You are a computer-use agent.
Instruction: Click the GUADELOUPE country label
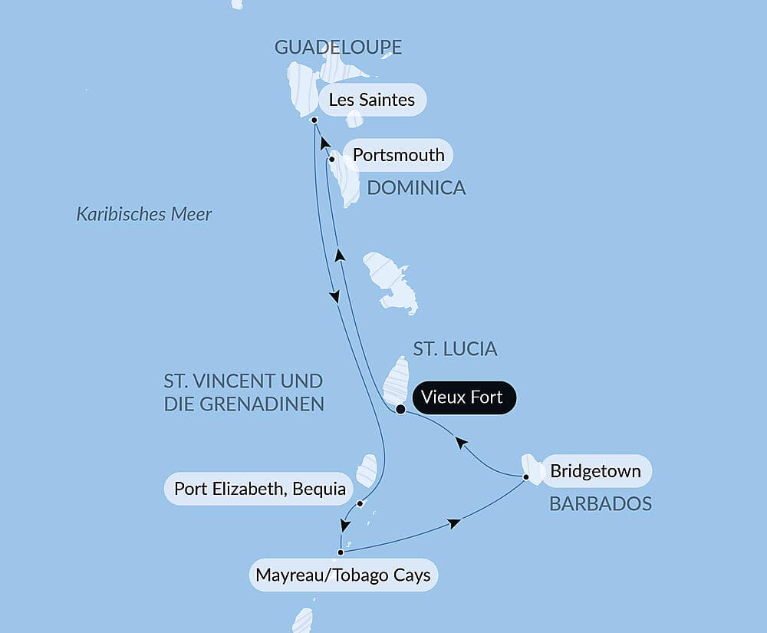(338, 48)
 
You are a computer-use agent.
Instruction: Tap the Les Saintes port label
(371, 100)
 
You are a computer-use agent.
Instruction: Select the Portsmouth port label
(398, 155)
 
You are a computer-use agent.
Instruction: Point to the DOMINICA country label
(416, 188)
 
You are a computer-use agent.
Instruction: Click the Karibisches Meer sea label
(143, 214)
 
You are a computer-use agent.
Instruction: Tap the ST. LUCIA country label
(455, 349)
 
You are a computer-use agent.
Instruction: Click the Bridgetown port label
(595, 470)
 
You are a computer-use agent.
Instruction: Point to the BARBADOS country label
(600, 504)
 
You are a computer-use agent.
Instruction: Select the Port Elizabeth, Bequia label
(259, 489)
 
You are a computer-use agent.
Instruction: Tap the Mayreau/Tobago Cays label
(343, 575)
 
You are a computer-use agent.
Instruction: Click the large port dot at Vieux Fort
(400, 410)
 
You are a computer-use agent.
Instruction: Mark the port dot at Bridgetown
(526, 477)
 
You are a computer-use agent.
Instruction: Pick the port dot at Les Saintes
(314, 120)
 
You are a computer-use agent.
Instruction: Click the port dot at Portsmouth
(331, 160)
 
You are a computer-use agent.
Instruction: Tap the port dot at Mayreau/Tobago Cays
(340, 551)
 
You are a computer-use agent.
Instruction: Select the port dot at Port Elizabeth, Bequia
(360, 503)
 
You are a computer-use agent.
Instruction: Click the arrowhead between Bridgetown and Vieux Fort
(460, 442)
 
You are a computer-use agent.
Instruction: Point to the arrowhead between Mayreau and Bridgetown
(454, 523)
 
